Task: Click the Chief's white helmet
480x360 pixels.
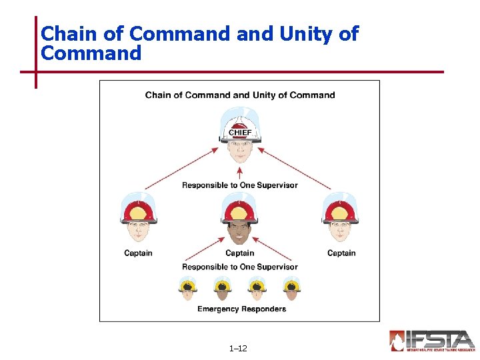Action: [240, 125]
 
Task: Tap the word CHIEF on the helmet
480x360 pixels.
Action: [240, 133]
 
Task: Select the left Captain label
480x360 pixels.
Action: [138, 253]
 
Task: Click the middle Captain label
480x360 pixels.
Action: [240, 253]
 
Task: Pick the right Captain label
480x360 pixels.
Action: [341, 253]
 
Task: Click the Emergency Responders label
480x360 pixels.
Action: [241, 309]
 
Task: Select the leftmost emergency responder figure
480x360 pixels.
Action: [188, 288]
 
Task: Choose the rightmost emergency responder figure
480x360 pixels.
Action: [291, 288]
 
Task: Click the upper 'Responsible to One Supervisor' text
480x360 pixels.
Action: [240, 185]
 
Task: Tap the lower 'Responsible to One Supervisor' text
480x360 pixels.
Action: [240, 267]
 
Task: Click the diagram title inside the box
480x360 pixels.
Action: [240, 95]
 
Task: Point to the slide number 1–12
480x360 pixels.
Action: [238, 348]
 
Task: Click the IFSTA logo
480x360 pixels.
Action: [431, 340]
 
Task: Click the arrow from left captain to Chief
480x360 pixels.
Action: [181, 167]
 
